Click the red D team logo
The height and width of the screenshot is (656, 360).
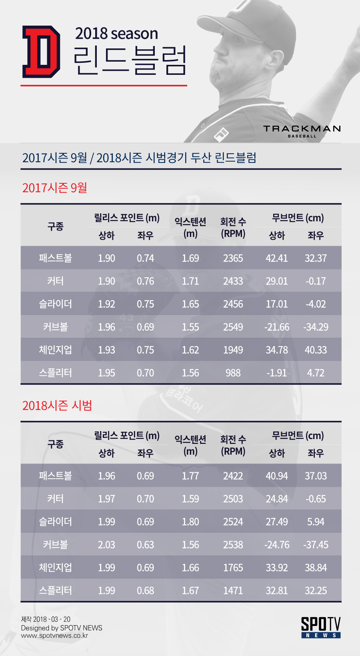pyautogui.click(x=41, y=52)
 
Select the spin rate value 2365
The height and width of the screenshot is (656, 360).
pyautogui.click(x=233, y=258)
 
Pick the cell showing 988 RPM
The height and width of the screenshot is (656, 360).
pyautogui.click(x=233, y=373)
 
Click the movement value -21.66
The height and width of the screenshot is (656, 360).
pyautogui.click(x=276, y=327)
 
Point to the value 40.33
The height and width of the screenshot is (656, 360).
pyautogui.click(x=316, y=350)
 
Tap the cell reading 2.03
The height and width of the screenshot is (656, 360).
pyautogui.click(x=106, y=545)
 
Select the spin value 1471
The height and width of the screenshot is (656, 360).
pyautogui.click(x=233, y=590)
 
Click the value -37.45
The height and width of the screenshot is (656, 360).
pyautogui.click(x=316, y=545)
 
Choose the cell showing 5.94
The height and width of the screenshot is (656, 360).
pyautogui.click(x=316, y=522)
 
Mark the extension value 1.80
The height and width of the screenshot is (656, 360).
pyautogui.click(x=190, y=522)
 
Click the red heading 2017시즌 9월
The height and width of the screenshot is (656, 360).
pyautogui.click(x=55, y=188)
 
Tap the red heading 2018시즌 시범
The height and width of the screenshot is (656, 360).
pyautogui.click(x=57, y=405)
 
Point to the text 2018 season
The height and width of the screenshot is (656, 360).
pyautogui.click(x=116, y=33)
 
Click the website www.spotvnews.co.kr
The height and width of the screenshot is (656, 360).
pyautogui.click(x=54, y=636)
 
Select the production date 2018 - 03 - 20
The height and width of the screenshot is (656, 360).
pyautogui.click(x=52, y=619)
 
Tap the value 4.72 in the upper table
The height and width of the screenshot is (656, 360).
pyautogui.click(x=316, y=373)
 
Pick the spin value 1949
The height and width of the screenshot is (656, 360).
pyautogui.click(x=233, y=350)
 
